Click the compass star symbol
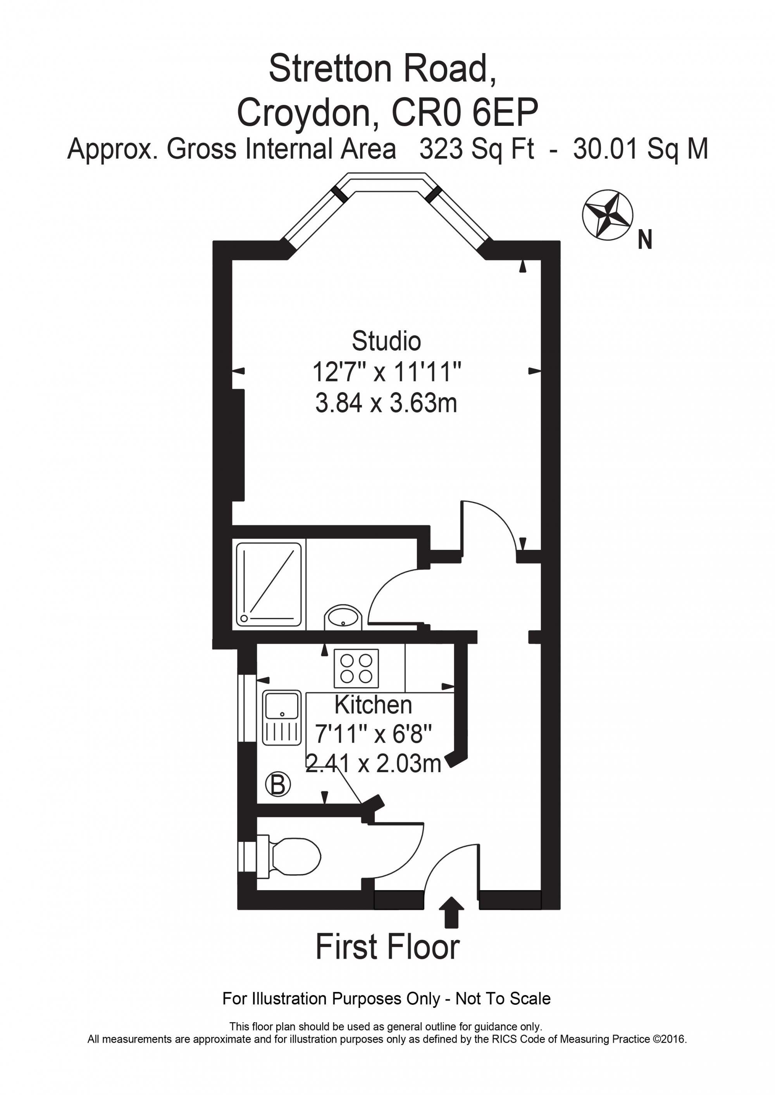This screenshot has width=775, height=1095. (608, 214)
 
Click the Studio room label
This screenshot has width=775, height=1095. (386, 341)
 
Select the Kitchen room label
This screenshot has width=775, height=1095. (373, 705)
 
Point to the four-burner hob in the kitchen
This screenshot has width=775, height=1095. (356, 668)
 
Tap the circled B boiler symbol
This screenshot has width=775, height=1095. (278, 784)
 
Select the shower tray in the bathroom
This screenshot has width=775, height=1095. (269, 585)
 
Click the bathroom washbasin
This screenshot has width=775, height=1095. (343, 618)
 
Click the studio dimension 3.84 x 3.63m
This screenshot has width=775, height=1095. (386, 403)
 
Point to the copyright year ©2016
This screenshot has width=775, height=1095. (670, 1039)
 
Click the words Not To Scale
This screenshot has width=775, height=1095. (503, 998)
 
